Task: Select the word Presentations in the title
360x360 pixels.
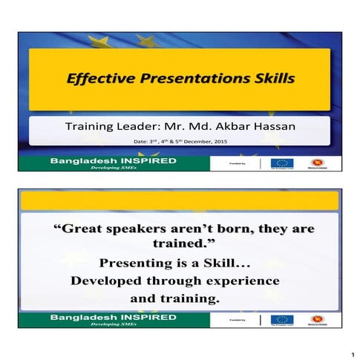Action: coord(183,78)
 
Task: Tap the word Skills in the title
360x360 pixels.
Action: coord(269,78)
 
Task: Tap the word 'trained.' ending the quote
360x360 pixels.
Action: coord(182,246)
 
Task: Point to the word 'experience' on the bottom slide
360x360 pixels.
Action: coord(239,282)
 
